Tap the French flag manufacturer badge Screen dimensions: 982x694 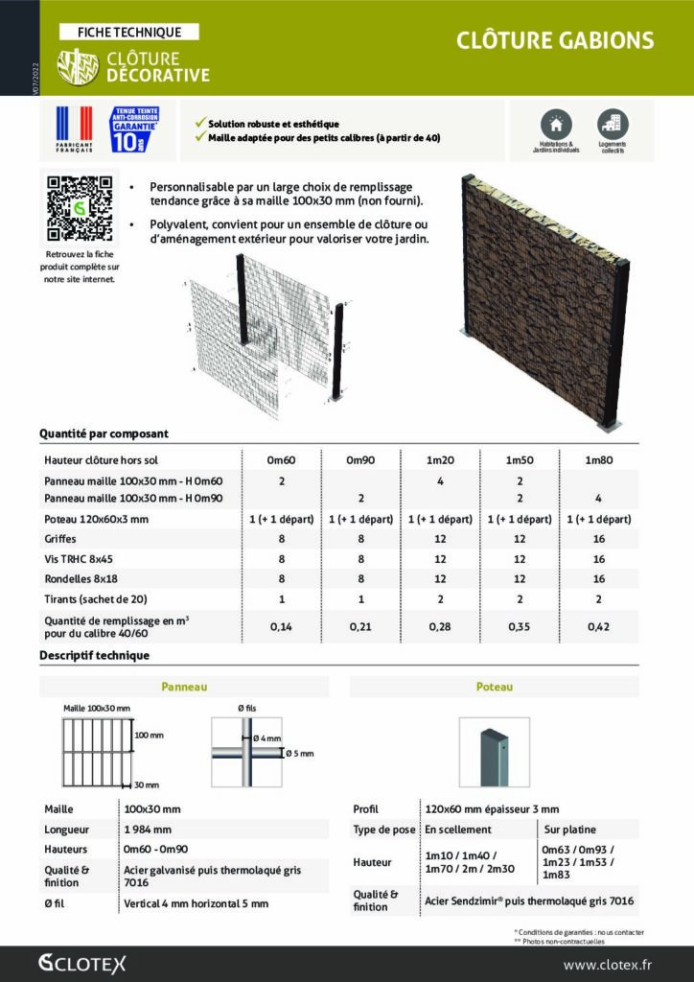pos(75,129)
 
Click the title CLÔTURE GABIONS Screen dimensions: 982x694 pos(555,40)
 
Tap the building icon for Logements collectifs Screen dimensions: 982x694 pos(612,123)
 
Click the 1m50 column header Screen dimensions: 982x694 pos(520,460)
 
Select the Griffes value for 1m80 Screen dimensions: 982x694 pos(599,539)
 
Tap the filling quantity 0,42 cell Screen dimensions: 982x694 pos(599,626)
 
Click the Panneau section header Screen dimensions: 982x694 pos(184,687)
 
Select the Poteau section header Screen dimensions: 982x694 pos(494,687)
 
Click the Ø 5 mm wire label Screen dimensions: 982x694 pos(301,754)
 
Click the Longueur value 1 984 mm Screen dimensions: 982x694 pos(149,829)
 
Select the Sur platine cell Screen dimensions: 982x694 pos(567,829)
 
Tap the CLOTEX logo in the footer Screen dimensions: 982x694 pos(82,964)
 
